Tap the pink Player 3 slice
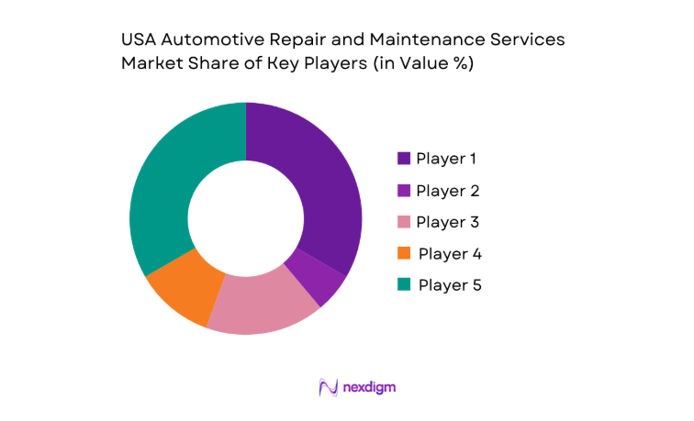pyautogui.click(x=263, y=306)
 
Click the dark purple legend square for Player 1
pyautogui.click(x=403, y=159)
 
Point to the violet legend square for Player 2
pyautogui.click(x=403, y=191)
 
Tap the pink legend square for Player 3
pyautogui.click(x=403, y=222)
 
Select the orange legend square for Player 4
pyautogui.click(x=403, y=253)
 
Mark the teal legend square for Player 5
pyautogui.click(x=403, y=284)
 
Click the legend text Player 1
pyautogui.click(x=446, y=159)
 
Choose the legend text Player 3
pyautogui.click(x=447, y=222)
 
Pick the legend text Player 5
pyautogui.click(x=449, y=284)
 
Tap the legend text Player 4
pyautogui.click(x=449, y=253)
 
